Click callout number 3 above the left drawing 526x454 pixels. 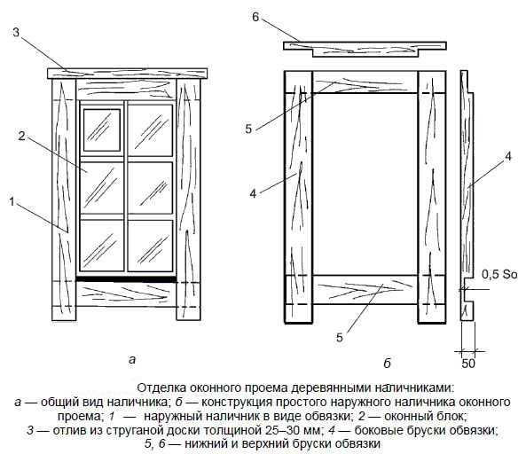(17, 33)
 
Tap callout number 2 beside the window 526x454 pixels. (22, 137)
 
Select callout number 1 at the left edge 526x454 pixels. (12, 202)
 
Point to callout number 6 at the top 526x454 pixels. (255, 17)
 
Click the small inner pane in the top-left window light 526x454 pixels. (102, 129)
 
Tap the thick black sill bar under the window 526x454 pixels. (126, 279)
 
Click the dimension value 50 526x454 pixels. (468, 364)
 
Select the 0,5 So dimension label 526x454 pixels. (499, 275)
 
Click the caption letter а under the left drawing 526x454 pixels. (132, 360)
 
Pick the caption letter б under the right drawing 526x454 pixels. (388, 364)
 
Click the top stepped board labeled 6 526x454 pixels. (365, 49)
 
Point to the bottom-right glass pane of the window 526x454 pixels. (150, 246)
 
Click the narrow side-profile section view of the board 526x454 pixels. (467, 195)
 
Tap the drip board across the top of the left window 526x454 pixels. (127, 74)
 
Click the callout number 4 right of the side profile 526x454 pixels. (508, 157)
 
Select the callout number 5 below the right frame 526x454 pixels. (340, 337)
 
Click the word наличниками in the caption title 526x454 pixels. (413, 388)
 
